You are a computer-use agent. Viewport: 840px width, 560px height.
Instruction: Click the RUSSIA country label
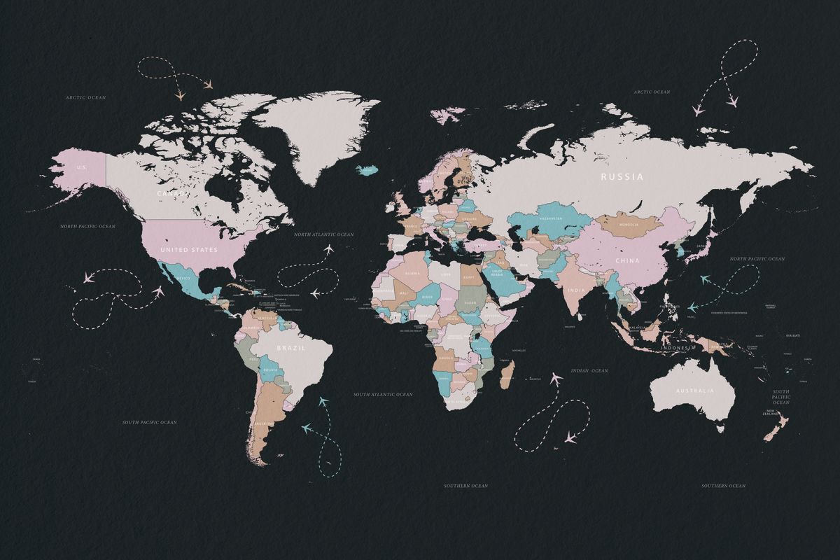(622, 177)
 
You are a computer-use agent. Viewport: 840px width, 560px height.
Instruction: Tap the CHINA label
(628, 261)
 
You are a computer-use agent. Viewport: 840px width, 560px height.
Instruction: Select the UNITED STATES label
(189, 250)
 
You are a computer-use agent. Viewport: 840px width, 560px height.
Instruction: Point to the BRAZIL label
(290, 348)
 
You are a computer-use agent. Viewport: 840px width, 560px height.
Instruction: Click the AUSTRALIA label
(695, 391)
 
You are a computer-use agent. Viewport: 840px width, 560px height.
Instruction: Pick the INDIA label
(577, 290)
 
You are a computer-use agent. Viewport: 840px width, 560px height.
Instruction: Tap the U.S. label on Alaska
(82, 167)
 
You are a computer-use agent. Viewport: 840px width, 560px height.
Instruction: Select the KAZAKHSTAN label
(550, 218)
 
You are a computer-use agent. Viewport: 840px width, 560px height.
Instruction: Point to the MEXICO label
(183, 279)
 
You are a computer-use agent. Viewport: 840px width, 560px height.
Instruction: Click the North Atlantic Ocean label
(323, 234)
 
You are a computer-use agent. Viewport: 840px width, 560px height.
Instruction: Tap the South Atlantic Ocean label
(383, 395)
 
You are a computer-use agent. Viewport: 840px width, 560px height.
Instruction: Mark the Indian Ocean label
(589, 370)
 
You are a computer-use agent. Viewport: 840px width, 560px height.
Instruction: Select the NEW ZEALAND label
(771, 413)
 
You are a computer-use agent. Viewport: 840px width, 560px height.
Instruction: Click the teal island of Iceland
(367, 169)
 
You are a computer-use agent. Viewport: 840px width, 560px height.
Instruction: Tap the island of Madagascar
(507, 373)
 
